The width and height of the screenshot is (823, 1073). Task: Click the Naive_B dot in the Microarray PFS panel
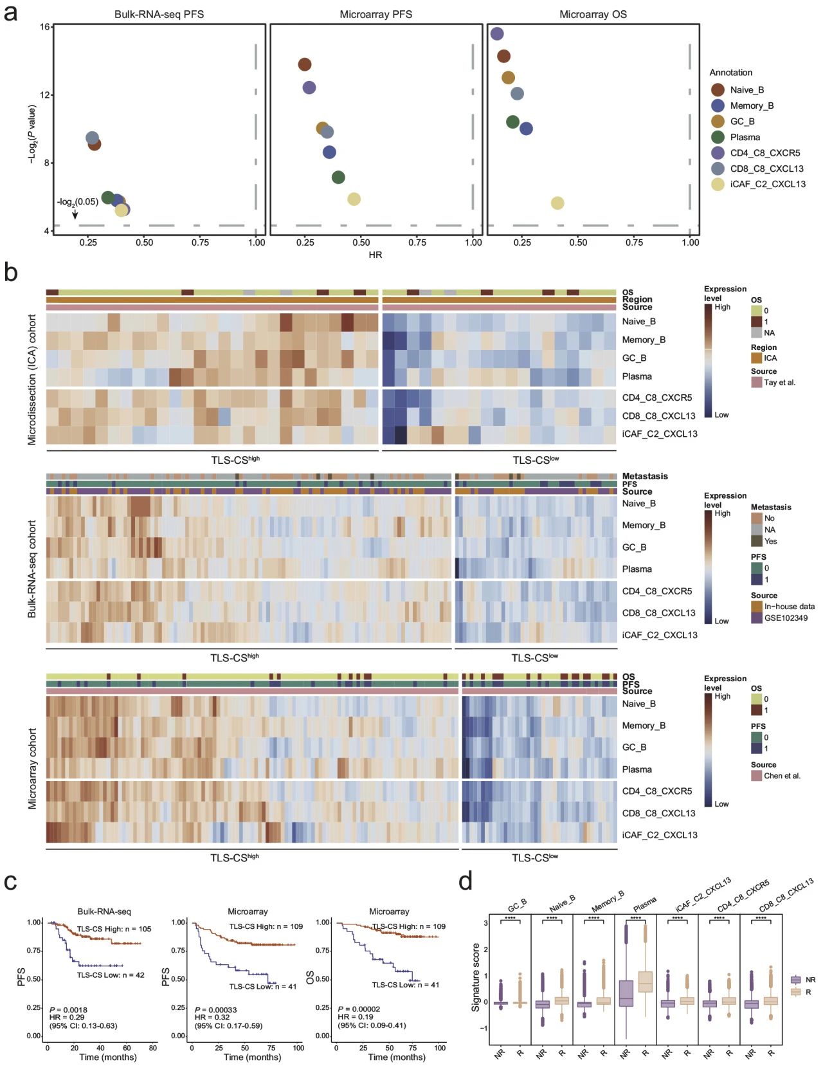(x=305, y=64)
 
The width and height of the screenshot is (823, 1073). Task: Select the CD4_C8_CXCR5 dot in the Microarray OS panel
(x=497, y=34)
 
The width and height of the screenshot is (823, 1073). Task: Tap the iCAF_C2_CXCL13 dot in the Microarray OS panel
(x=557, y=203)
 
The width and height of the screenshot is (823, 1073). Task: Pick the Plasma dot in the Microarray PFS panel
(x=338, y=178)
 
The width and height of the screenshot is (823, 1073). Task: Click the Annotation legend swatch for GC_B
(x=718, y=122)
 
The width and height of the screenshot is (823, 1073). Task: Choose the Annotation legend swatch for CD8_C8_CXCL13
(x=718, y=169)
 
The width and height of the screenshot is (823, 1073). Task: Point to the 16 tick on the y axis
(x=45, y=27)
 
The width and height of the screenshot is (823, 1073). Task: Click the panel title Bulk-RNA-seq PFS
(x=159, y=14)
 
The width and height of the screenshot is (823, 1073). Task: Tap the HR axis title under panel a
(x=375, y=255)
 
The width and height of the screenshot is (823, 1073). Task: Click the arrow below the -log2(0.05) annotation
(x=75, y=214)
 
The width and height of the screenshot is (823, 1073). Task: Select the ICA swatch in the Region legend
(x=757, y=358)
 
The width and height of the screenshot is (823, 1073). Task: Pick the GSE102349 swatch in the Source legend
(x=757, y=618)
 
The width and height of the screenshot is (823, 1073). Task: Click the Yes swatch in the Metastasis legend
(x=757, y=541)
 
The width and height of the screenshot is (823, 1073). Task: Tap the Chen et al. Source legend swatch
(x=757, y=776)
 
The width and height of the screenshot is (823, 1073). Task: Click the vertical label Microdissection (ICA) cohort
(x=32, y=380)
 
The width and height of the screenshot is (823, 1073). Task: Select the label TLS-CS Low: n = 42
(x=111, y=975)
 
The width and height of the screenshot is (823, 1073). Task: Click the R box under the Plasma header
(x=645, y=982)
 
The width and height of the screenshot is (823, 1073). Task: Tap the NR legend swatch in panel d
(x=796, y=980)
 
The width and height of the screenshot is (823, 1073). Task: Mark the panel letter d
(x=466, y=882)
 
